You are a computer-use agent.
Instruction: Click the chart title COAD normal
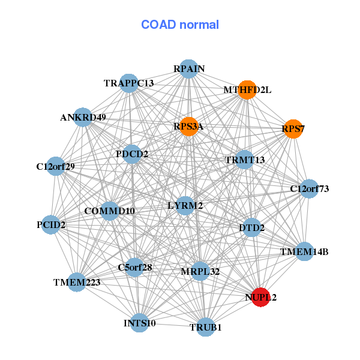pyautogui.click(x=180, y=25)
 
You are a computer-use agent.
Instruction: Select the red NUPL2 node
pyautogui.click(x=260, y=297)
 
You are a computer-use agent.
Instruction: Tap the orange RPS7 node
pyautogui.click(x=293, y=129)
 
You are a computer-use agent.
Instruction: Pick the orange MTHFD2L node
pyautogui.click(x=247, y=90)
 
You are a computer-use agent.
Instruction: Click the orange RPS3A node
pyautogui.click(x=188, y=127)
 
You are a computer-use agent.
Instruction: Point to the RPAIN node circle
pyautogui.click(x=189, y=68)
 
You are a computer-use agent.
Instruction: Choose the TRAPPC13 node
pyautogui.click(x=129, y=83)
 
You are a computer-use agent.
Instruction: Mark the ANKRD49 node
pyautogui.click(x=83, y=117)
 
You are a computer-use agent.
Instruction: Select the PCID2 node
pyautogui.click(x=51, y=225)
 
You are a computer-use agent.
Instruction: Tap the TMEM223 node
pyautogui.click(x=77, y=281)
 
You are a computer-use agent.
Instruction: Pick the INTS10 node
pyautogui.click(x=139, y=323)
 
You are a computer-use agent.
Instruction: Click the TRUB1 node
pyautogui.click(x=206, y=327)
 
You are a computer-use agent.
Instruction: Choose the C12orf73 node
pyautogui.click(x=309, y=189)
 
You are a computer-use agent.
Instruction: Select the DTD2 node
pyautogui.click(x=252, y=227)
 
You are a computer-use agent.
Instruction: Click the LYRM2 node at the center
pyautogui.click(x=185, y=206)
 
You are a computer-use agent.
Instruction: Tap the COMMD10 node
pyautogui.click(x=110, y=211)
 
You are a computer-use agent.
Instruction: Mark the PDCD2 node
pyautogui.click(x=132, y=154)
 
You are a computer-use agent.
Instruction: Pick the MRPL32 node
pyautogui.click(x=200, y=272)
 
